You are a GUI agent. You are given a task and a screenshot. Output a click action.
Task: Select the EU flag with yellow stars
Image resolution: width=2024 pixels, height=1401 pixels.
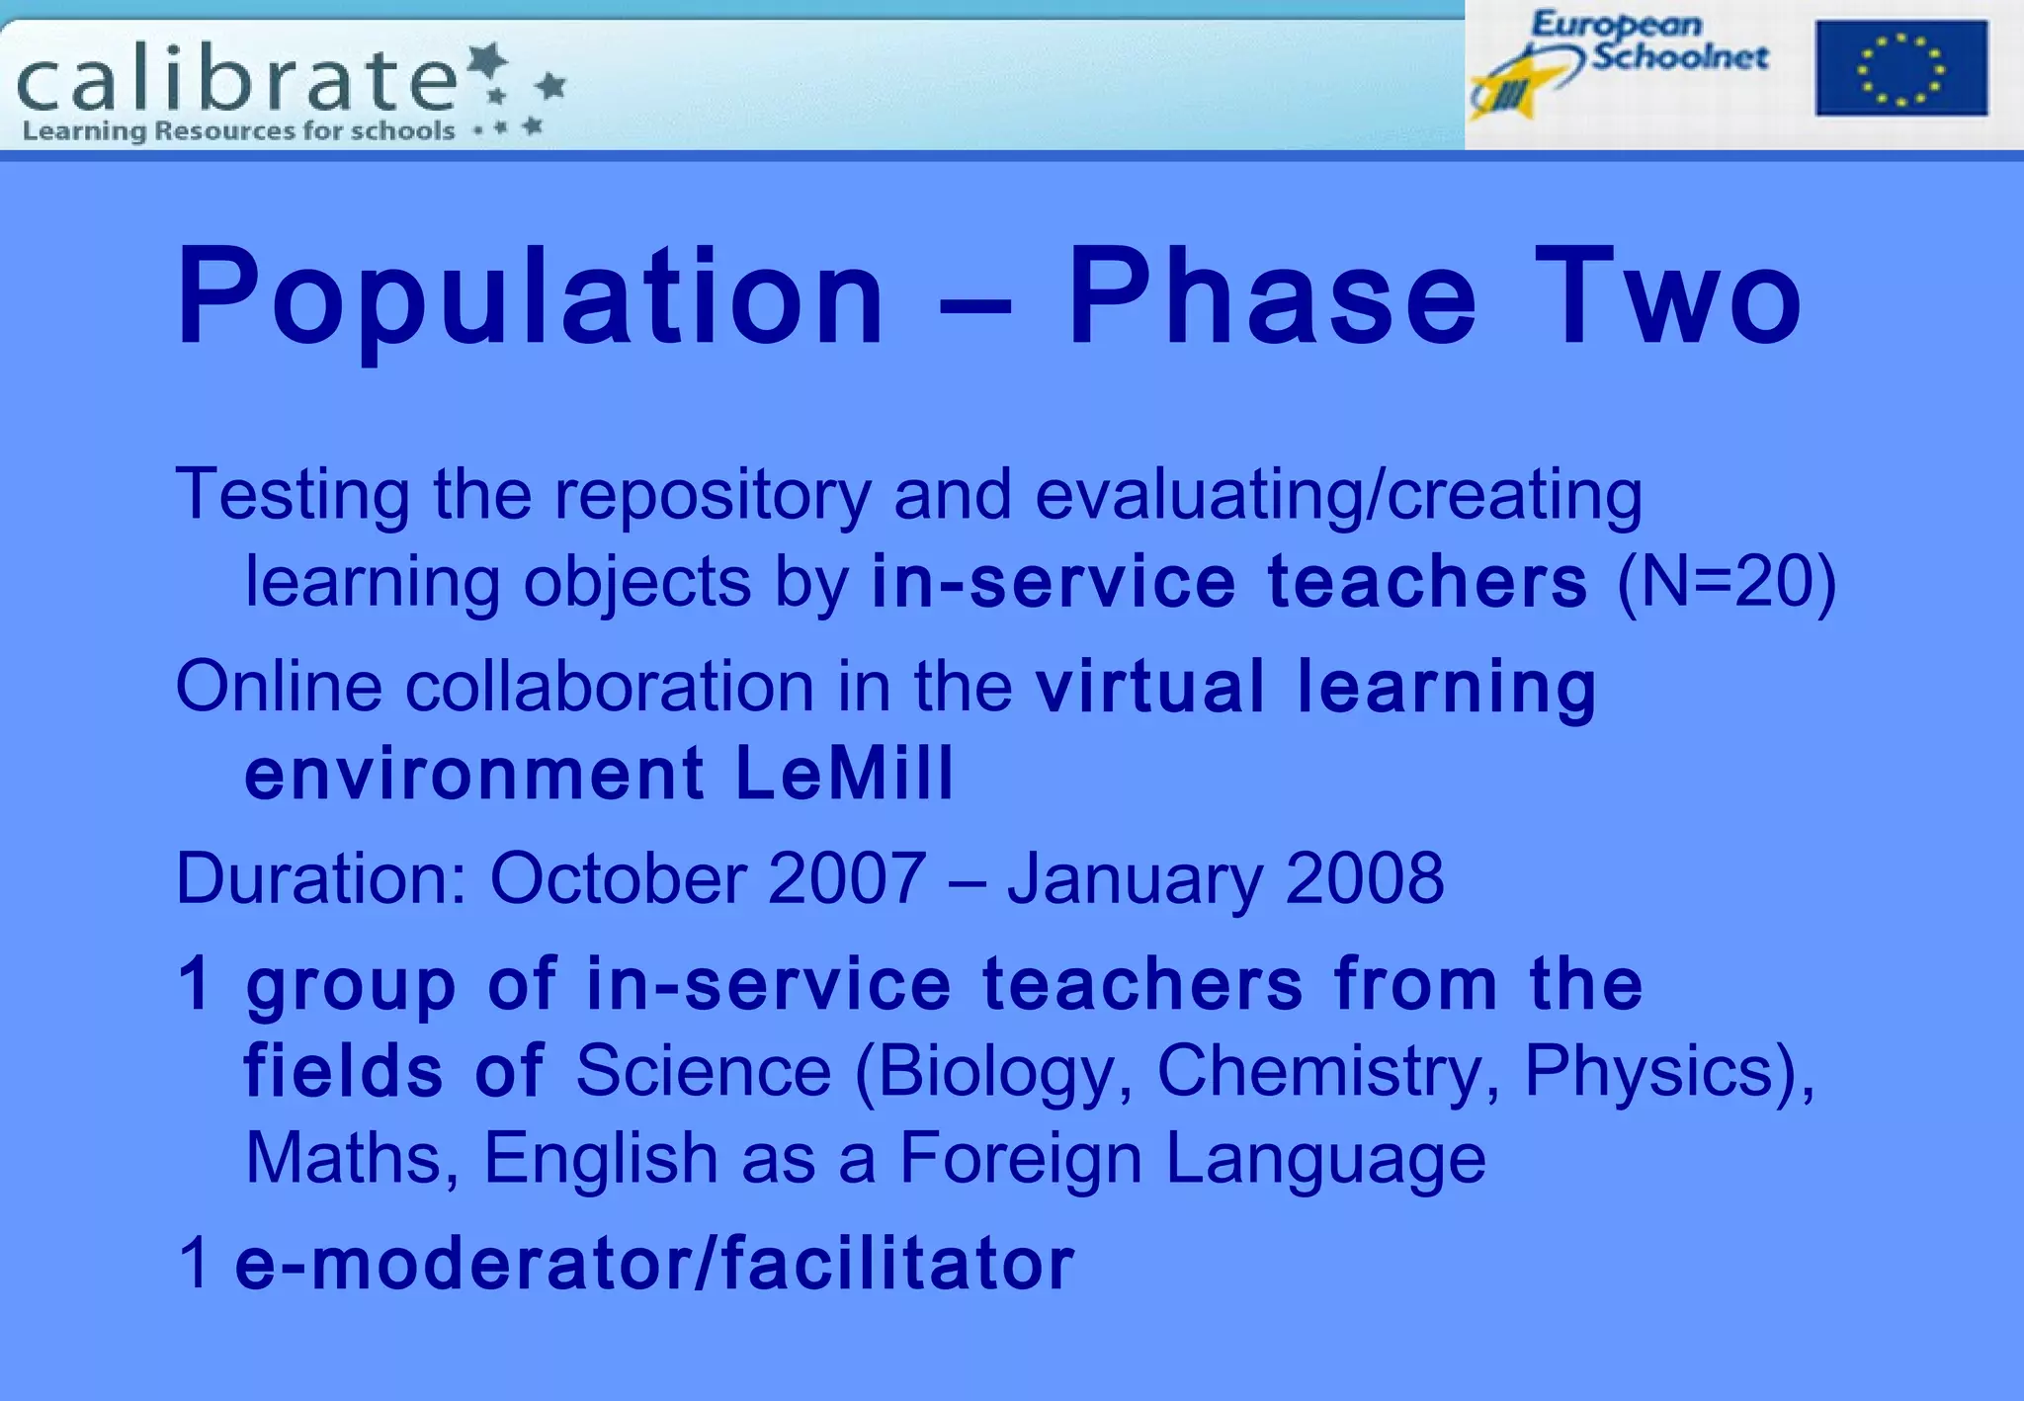[1900, 68]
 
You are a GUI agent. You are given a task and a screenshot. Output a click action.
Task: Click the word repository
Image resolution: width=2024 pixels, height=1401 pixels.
[713, 495]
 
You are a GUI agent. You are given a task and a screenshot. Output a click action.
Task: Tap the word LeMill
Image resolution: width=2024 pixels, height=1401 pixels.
[845, 773]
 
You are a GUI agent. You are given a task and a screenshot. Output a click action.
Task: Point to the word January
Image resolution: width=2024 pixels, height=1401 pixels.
[1135, 878]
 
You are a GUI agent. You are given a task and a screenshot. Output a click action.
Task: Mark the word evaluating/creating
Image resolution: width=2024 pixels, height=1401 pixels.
[1338, 495]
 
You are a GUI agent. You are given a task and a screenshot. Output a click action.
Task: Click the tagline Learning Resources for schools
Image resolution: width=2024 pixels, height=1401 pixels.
[238, 131]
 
